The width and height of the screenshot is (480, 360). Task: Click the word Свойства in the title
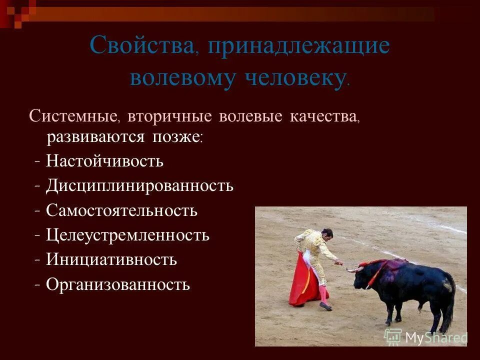pos(142,46)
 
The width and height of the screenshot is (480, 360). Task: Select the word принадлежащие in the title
pos(299,46)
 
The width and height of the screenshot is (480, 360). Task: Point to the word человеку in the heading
pos(295,78)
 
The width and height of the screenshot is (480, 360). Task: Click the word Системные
pos(73,116)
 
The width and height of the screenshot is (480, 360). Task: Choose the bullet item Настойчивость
pos(104,161)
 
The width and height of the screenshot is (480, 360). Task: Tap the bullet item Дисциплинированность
pos(139,185)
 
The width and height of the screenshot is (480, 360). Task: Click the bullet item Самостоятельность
pos(121,210)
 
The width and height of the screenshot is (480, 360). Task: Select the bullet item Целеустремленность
pos(127,235)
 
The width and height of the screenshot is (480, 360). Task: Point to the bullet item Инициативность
pos(111,259)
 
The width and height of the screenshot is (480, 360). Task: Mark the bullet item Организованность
pos(118,284)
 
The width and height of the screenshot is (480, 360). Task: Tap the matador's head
pos(326,234)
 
